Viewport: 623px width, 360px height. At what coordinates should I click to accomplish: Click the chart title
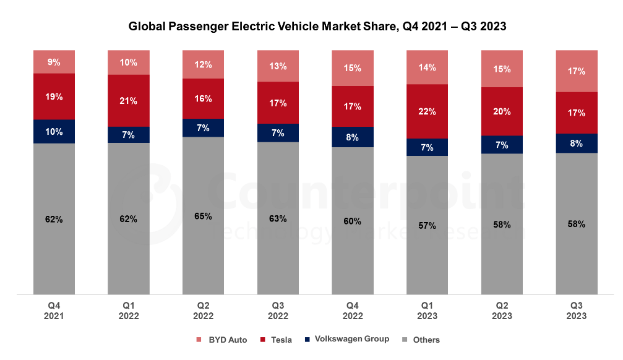click(x=317, y=27)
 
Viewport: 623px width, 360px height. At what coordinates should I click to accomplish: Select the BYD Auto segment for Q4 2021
click(x=54, y=62)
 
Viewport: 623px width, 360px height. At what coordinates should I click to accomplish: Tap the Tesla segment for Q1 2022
click(x=129, y=100)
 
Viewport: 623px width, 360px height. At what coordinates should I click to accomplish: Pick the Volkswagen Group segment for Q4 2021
click(x=54, y=132)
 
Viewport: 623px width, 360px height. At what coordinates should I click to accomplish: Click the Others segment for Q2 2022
click(x=204, y=216)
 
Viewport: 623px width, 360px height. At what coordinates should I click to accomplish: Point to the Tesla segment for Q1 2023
click(x=428, y=111)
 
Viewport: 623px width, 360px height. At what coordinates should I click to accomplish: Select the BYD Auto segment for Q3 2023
click(x=577, y=71)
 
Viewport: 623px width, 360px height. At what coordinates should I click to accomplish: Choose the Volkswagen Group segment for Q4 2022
click(x=353, y=137)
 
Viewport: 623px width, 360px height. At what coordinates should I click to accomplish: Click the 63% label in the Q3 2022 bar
click(x=278, y=218)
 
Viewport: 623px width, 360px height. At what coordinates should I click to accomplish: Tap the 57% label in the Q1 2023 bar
click(x=428, y=226)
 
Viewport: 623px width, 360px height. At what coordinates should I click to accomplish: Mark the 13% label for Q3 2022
click(x=278, y=66)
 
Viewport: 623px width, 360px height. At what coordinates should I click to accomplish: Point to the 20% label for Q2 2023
click(x=502, y=111)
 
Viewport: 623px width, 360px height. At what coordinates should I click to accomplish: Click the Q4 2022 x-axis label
click(x=353, y=311)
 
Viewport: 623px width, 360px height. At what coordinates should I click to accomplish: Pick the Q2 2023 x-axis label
click(x=502, y=311)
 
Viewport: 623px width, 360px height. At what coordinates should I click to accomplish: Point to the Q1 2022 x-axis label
click(x=129, y=311)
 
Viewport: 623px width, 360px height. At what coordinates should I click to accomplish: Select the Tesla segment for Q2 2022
click(x=204, y=98)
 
